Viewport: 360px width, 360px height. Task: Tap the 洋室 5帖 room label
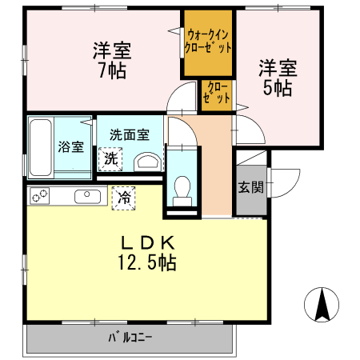277,76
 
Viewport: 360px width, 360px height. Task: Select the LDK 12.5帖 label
147,252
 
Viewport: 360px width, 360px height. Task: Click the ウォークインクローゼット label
209,41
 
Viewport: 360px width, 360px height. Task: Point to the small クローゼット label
216,94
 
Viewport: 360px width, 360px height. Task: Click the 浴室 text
70,146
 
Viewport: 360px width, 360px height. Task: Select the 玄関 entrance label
250,188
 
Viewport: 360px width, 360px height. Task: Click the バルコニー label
130,337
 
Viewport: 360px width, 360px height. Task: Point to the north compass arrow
323,304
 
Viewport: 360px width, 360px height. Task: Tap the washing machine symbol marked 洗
111,158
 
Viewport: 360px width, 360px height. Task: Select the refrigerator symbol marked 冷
124,196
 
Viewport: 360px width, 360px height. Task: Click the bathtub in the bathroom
41,149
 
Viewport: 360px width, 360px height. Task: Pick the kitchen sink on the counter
86,196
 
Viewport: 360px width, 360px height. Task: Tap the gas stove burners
40,196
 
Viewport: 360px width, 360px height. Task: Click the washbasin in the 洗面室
146,161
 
